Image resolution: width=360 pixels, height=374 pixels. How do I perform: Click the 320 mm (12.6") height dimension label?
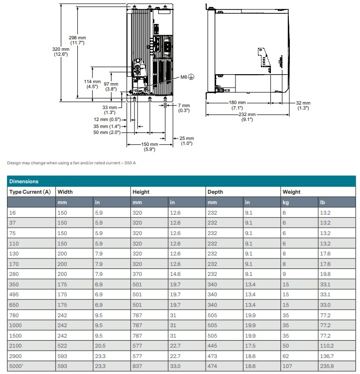coord(60,51)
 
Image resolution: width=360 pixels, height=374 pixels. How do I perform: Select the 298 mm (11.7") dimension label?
coord(77,40)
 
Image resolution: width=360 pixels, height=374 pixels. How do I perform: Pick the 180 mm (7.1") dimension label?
coord(237,105)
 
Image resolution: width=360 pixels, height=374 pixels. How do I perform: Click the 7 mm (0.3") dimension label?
coord(184,108)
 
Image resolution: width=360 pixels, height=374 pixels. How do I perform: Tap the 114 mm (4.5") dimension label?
coord(92,84)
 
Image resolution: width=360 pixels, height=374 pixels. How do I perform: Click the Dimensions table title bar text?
coord(24,181)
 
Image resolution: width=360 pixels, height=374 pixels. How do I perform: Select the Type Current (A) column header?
coord(30,192)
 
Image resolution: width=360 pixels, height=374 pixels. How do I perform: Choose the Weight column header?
coord(291,192)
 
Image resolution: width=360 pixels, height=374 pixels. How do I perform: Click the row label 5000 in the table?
coord(14,366)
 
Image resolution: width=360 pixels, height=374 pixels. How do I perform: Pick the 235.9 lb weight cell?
coord(327,366)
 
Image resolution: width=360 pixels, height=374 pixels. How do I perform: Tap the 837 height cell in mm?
coord(137,366)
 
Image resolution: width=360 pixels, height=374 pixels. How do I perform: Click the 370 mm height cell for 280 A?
coord(137,274)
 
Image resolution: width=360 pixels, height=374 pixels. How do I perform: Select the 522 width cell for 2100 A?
coord(62,346)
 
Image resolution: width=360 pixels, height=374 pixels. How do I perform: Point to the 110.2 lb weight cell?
coord(327,346)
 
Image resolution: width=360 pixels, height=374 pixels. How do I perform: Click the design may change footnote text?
coord(71,163)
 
